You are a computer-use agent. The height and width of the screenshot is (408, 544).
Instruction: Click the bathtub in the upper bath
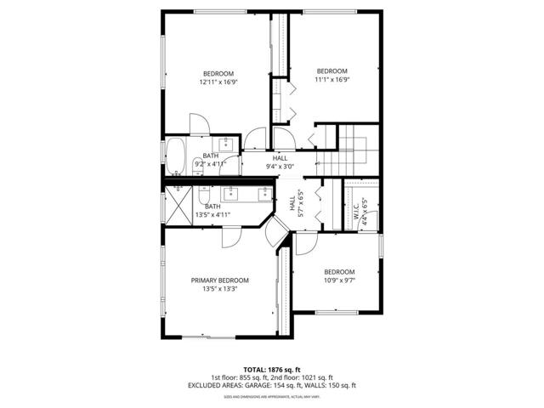point(174,156)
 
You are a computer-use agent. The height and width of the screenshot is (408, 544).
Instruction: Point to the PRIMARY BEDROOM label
point(219,280)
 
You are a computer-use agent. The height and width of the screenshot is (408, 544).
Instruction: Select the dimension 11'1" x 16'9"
point(332,80)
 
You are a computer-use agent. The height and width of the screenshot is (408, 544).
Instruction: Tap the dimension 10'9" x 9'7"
point(338,280)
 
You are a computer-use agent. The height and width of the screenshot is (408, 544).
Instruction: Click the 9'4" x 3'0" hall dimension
point(280,167)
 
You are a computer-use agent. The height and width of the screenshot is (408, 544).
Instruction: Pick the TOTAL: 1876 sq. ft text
point(272,370)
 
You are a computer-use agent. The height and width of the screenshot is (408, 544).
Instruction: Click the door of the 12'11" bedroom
point(197,124)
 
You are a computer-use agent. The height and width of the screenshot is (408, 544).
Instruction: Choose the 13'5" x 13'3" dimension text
point(219,289)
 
